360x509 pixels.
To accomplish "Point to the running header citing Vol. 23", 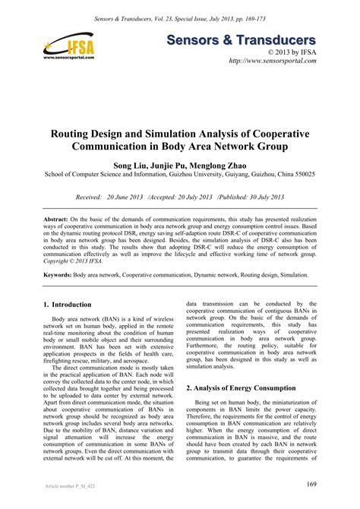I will click(179, 16).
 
